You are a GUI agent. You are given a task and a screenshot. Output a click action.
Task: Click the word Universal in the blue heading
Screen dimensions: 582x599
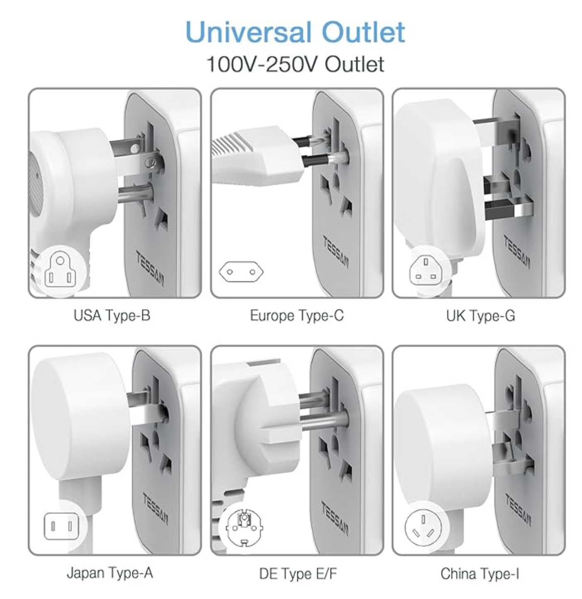pos(249,32)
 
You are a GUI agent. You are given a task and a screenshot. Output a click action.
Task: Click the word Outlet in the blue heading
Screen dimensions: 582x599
pos(363,32)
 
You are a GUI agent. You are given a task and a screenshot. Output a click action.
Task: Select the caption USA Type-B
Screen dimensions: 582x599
pos(112,316)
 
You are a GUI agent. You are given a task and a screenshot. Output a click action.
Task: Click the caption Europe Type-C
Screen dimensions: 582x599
pos(297,316)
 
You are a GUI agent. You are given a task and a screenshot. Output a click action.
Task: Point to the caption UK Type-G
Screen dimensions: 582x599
pos(480,316)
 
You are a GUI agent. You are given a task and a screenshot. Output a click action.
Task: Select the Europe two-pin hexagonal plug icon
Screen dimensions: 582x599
pos(241,272)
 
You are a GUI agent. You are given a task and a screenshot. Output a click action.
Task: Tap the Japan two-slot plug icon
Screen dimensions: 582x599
pos(61,526)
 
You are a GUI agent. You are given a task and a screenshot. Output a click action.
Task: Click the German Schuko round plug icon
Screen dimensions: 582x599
pos(244,528)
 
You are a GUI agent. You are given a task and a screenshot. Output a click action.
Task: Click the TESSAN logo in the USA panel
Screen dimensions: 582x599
pos(150,268)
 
